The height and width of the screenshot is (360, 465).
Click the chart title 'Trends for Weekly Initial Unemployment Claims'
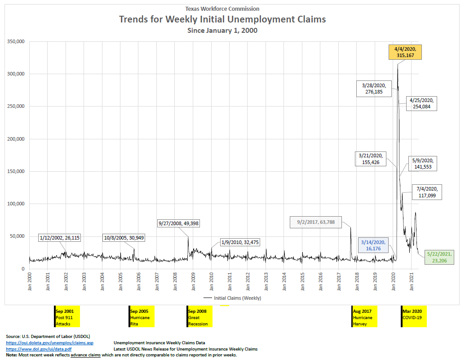pyautogui.click(x=222, y=19)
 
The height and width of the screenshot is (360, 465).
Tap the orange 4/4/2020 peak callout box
pyautogui.click(x=405, y=52)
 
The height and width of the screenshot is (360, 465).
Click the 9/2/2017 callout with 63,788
pyautogui.click(x=315, y=222)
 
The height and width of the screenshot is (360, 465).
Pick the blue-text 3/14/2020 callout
pyautogui.click(x=373, y=245)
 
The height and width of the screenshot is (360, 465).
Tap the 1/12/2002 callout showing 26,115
pyautogui.click(x=59, y=238)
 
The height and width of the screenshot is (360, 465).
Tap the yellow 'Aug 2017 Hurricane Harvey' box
pyautogui.click(x=363, y=317)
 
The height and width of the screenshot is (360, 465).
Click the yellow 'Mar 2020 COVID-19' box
pyautogui.click(x=413, y=317)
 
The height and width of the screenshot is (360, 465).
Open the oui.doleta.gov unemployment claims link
pyautogui.click(x=49, y=342)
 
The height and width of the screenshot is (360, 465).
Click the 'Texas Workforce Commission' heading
pyautogui.click(x=222, y=9)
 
